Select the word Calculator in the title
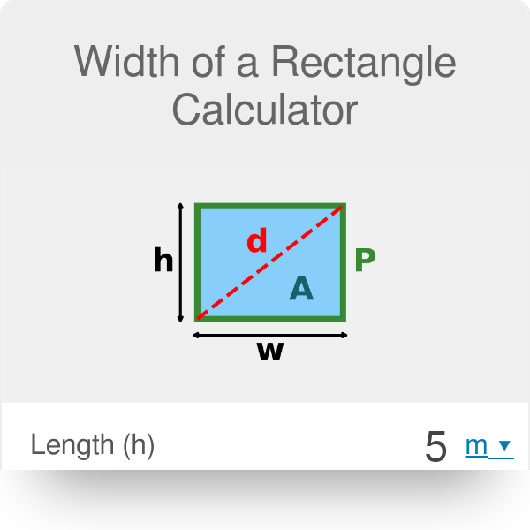coord(265,110)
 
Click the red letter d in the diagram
coord(256,241)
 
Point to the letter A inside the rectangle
coord(301,288)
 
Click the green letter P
coord(365,260)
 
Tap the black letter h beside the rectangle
coord(163,261)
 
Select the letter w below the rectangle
coord(270,352)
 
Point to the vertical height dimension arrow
coord(180,262)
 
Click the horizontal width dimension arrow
coord(270,335)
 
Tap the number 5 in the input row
coord(436,447)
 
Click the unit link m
coord(476,446)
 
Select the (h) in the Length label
coord(137,447)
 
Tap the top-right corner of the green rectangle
coord(343,206)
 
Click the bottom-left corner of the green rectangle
coord(197,319)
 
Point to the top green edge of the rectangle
coord(270,206)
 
